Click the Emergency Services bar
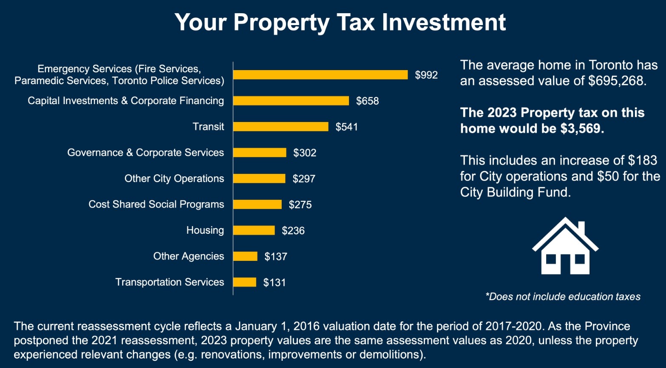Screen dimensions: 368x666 [320, 75]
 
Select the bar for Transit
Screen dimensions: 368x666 [281, 127]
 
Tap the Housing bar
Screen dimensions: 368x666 [254, 230]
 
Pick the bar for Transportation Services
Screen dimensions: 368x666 [244, 282]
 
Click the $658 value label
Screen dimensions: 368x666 [367, 101]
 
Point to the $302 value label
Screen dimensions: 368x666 [305, 153]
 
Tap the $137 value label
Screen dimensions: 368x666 [276, 257]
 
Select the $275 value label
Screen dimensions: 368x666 [300, 205]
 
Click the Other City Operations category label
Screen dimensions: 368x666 [174, 178]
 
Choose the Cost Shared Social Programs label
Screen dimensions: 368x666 [156, 204]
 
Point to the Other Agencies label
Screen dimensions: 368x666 [189, 256]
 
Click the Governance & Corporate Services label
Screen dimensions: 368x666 [145, 153]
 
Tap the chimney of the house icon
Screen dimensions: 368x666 [581, 228]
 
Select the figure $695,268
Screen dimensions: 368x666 [617, 81]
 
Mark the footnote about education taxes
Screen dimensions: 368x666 [563, 297]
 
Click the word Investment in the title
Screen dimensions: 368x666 [444, 22]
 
